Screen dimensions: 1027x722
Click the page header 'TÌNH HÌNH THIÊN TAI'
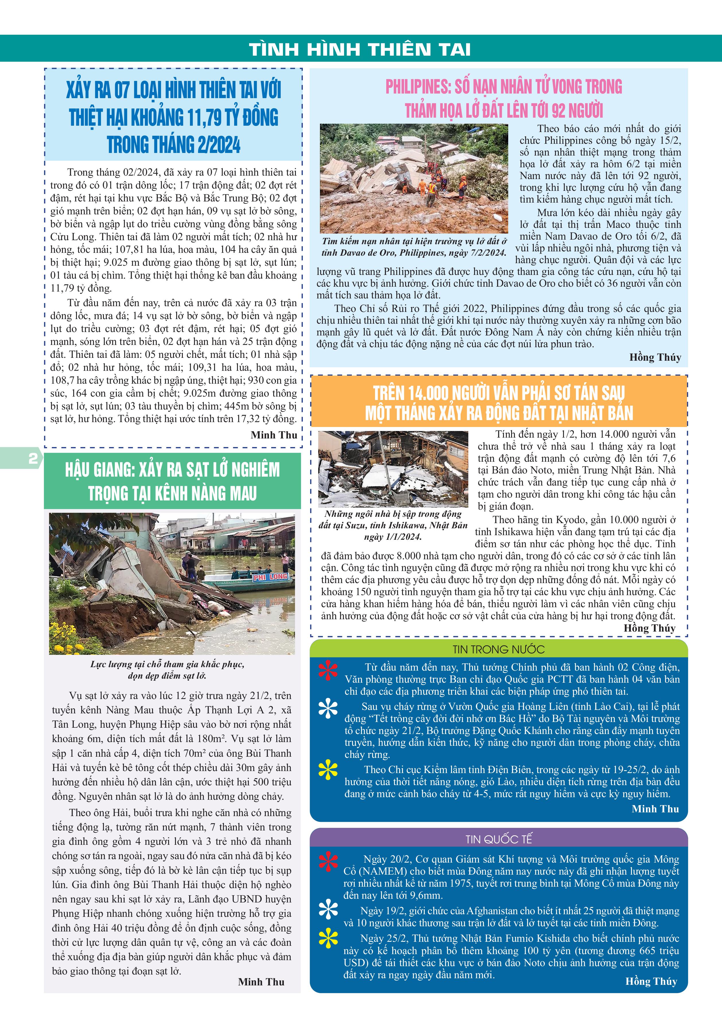pos(360,49)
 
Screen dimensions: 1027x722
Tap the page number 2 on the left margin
pos(33,459)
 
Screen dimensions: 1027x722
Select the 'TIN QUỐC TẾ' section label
pos(498,839)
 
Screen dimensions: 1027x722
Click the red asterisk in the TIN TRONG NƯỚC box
pos(328,671)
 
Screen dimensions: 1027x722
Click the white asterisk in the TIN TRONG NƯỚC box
pos(328,709)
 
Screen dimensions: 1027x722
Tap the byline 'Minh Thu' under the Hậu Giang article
pos(261,982)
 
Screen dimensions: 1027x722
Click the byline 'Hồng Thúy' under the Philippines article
pos(655,357)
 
